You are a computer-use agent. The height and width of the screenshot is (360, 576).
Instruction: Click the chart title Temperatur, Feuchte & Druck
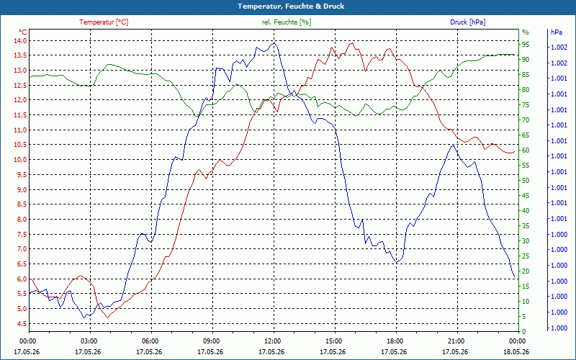click(291, 6)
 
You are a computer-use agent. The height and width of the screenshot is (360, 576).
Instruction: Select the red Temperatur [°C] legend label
click(104, 22)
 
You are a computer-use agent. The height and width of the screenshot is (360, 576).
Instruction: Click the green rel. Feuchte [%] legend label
click(286, 22)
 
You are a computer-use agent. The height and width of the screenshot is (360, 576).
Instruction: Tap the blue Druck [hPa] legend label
click(467, 22)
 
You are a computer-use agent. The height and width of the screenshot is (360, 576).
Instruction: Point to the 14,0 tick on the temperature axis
click(19, 40)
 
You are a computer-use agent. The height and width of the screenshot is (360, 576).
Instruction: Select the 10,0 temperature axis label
click(19, 159)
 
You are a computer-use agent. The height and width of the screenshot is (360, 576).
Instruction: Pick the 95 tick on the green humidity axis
click(526, 45)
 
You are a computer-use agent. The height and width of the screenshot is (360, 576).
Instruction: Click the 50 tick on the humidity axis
click(526, 181)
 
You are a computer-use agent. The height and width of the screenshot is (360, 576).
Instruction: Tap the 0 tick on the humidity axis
click(524, 331)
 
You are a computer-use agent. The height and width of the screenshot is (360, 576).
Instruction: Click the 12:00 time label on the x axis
click(272, 341)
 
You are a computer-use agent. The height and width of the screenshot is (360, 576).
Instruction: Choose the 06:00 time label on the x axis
click(150, 341)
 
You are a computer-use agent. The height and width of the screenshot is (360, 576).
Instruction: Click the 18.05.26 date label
click(516, 352)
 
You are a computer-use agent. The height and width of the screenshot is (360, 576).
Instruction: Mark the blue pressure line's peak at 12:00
click(274, 43)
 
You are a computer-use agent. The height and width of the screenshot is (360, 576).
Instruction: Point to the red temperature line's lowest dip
click(107, 317)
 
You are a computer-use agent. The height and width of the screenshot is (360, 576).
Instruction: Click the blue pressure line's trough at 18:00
click(397, 262)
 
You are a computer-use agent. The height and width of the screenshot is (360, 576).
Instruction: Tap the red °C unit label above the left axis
click(22, 32)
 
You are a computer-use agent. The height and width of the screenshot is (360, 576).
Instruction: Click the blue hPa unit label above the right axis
click(556, 32)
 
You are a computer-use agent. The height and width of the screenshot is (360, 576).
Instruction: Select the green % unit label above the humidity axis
click(526, 32)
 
